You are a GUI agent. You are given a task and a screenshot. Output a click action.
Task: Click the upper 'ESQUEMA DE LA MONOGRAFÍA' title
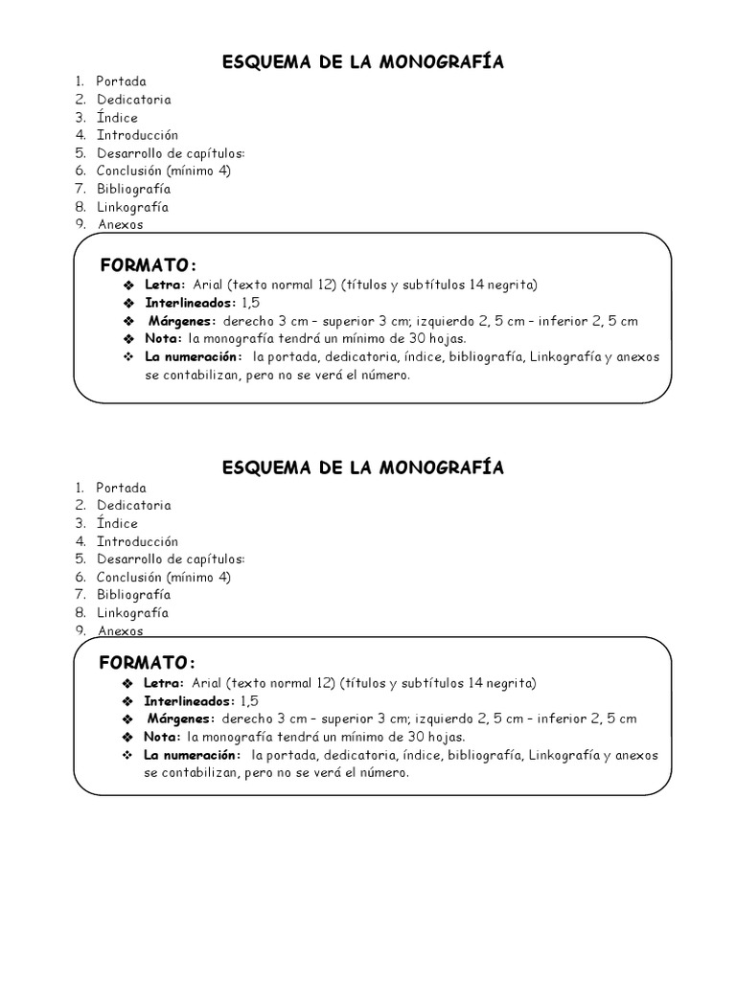[363, 62]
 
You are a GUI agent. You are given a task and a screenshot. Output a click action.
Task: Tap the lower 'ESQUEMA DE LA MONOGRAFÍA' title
[363, 468]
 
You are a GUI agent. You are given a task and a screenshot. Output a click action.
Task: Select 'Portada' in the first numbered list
[122, 81]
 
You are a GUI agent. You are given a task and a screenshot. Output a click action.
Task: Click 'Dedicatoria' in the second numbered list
[134, 505]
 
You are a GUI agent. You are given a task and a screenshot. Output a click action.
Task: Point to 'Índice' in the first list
[117, 118]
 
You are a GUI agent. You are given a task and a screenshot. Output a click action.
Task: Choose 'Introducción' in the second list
[137, 541]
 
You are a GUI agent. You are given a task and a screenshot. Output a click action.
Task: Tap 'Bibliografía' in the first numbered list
[133, 189]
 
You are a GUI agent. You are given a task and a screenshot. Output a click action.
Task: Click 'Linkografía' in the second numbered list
[132, 612]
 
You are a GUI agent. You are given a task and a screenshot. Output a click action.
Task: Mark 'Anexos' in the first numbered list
[120, 225]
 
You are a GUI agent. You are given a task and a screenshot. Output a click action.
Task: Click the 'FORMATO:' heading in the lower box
[149, 663]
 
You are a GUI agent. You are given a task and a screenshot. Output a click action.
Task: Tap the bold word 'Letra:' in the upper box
[164, 285]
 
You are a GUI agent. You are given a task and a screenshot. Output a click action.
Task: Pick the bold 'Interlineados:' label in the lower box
[189, 701]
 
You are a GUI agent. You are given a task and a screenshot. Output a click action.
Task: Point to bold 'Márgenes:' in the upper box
[183, 321]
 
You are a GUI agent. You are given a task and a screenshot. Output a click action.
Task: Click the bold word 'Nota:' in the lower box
[162, 737]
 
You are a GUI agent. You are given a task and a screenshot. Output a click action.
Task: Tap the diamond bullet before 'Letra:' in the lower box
[127, 684]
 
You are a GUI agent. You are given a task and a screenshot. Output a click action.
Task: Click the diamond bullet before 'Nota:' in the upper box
[128, 339]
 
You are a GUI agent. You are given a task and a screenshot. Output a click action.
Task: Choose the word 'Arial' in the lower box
[206, 683]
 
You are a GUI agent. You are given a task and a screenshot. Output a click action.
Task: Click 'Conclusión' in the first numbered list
[129, 171]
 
